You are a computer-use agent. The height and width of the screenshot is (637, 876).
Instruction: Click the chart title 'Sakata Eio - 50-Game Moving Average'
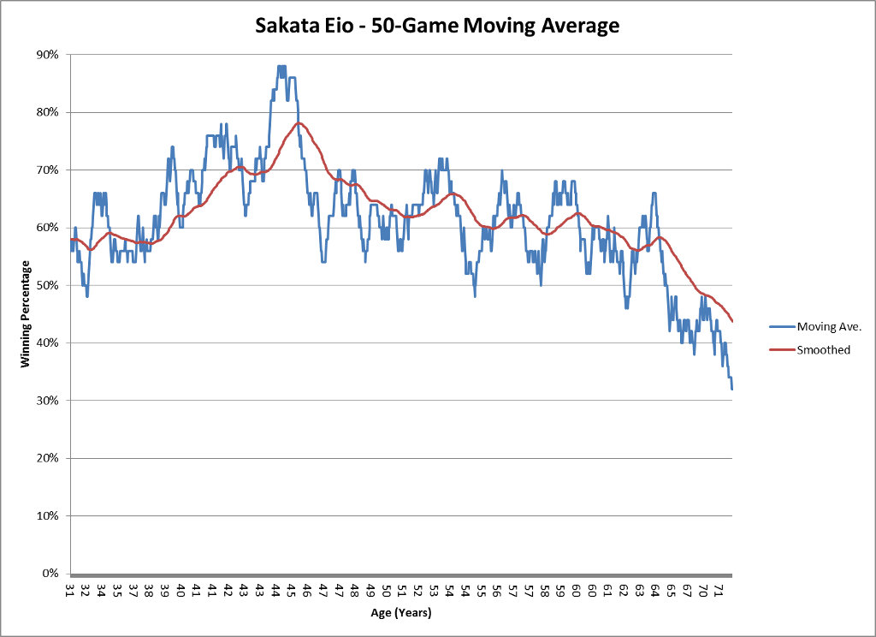(437, 26)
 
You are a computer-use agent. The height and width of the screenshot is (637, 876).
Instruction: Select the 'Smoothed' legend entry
(823, 349)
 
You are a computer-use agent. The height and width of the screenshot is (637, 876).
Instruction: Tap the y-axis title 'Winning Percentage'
(27, 313)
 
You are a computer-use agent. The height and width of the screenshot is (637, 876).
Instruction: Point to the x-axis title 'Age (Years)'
(401, 613)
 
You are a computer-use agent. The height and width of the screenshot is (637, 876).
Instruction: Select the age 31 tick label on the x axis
(70, 590)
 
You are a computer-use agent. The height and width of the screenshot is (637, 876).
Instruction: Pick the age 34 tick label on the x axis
(102, 590)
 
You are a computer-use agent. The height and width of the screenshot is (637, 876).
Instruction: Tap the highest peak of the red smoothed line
(299, 123)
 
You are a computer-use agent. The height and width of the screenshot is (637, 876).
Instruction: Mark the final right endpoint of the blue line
(732, 389)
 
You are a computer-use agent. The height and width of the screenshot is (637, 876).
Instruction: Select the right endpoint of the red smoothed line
(732, 321)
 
